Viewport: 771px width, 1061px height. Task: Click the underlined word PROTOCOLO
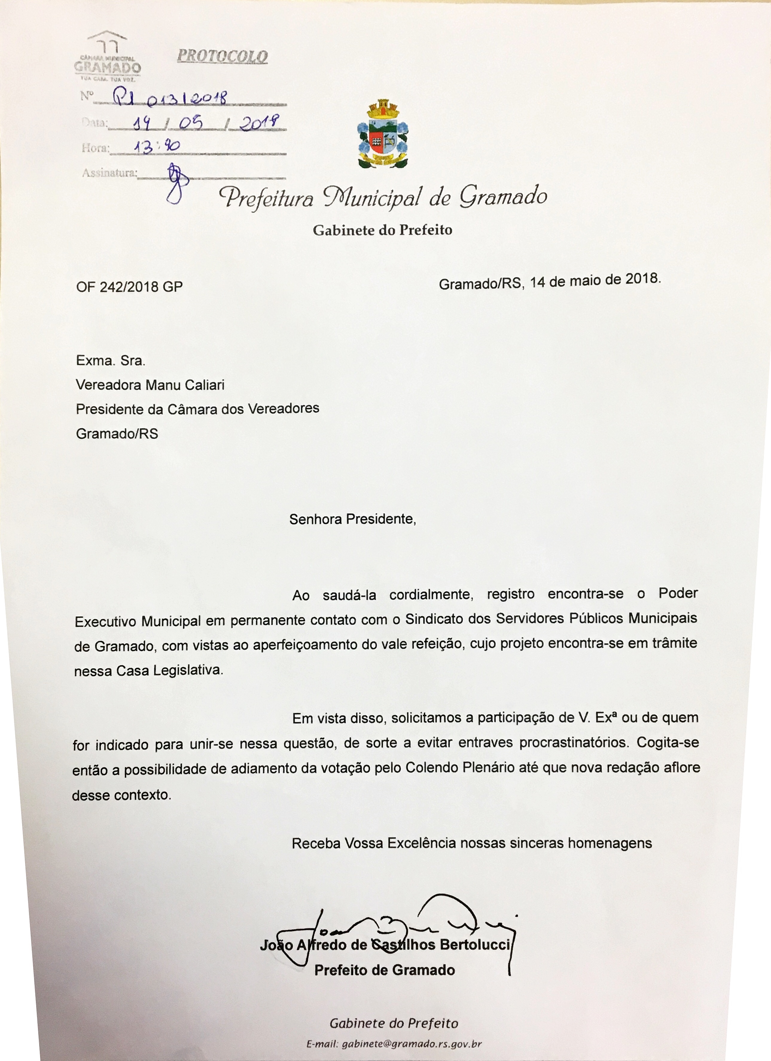coord(223,57)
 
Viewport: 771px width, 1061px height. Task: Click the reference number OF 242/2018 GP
coord(129,286)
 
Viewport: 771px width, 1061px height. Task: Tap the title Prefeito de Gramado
coord(384,970)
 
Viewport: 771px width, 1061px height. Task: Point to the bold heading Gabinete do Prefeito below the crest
coord(383,230)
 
